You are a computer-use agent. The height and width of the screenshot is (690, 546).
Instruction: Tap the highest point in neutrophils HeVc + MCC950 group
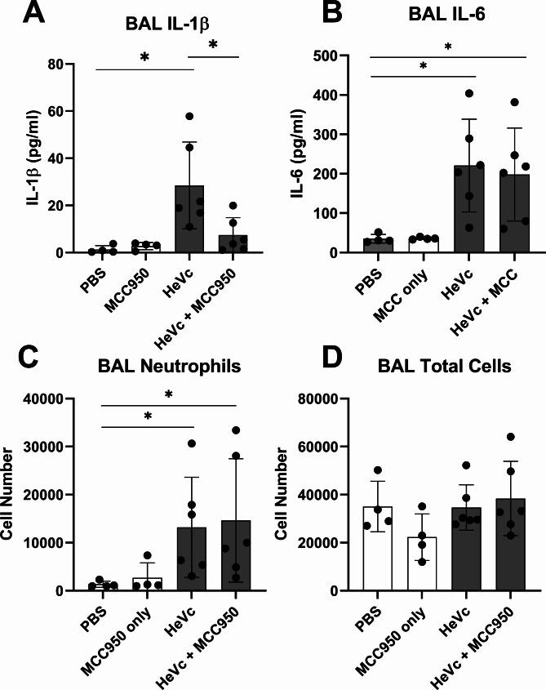pos(236,430)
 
